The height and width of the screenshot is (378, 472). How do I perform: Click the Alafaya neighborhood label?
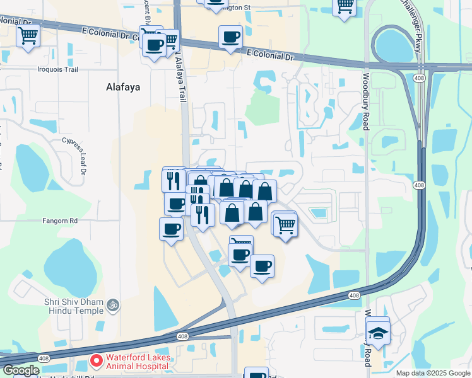(x=122, y=88)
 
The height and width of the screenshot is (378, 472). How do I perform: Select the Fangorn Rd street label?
(x=60, y=221)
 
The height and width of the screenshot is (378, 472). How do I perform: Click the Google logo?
(x=21, y=370)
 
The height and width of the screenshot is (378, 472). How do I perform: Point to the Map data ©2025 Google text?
(x=432, y=373)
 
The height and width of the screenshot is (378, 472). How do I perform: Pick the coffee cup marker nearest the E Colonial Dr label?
(x=230, y=36)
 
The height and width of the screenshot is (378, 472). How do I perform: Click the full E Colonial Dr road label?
(x=271, y=56)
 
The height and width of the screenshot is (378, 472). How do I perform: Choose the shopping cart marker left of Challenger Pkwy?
(x=345, y=6)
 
